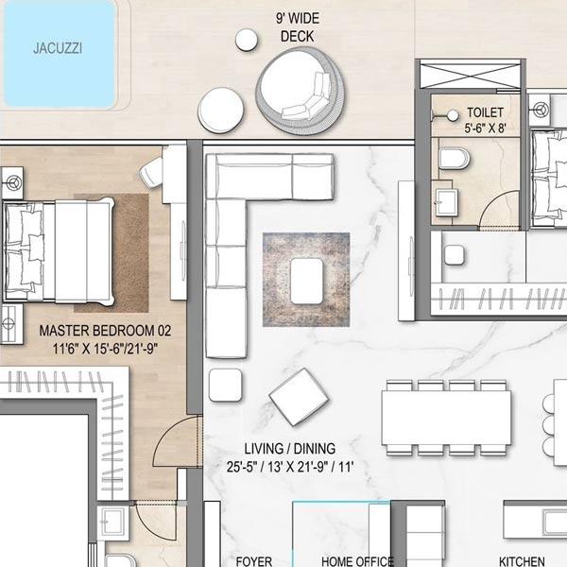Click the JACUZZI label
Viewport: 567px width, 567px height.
click(x=58, y=48)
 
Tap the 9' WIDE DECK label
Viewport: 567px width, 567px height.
click(x=298, y=27)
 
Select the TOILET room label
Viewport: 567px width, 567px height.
click(x=485, y=112)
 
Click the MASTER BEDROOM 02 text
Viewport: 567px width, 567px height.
click(x=105, y=331)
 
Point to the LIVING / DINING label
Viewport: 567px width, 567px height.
click(x=290, y=449)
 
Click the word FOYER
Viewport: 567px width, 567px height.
click(x=254, y=561)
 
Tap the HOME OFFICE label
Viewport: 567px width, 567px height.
click(x=357, y=561)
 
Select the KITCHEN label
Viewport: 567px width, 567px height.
click(x=522, y=561)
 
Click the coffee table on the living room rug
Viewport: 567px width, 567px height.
click(x=306, y=282)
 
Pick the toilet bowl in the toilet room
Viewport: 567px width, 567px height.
click(x=455, y=159)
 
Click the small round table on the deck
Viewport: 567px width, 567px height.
click(x=247, y=40)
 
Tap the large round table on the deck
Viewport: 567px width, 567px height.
click(x=220, y=111)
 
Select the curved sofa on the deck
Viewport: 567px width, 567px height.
click(x=301, y=93)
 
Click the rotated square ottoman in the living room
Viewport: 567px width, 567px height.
click(x=299, y=397)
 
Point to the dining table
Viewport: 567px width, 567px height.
click(x=446, y=418)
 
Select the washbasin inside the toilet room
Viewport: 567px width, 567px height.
click(x=447, y=202)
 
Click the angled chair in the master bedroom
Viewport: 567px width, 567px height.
click(x=151, y=173)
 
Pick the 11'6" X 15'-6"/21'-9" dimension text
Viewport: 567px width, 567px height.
click(x=105, y=349)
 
